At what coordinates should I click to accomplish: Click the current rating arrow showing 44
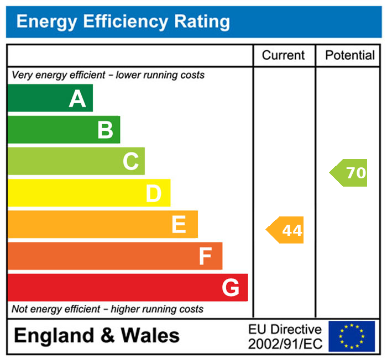pos(286,230)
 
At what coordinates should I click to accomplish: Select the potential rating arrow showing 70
pos(349,173)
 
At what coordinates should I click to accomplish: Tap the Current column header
pos(283,55)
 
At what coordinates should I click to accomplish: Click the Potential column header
pos(350,55)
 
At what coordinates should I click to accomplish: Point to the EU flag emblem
pos(352,336)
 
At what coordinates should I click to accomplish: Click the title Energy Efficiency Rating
pos(123,22)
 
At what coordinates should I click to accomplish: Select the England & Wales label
pos(97,336)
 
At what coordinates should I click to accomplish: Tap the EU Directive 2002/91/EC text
pos(285,336)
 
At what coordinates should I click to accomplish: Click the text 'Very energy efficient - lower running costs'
pos(108,75)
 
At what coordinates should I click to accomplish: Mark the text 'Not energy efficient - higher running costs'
pos(108,309)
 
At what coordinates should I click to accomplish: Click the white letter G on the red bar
pos(231,288)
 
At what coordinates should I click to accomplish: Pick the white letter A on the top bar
pos(77,99)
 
